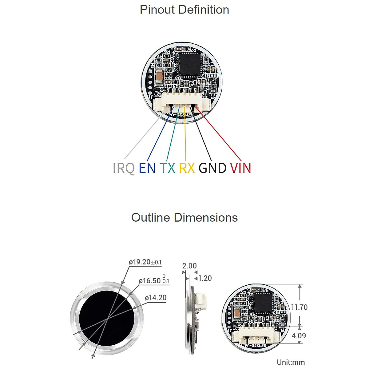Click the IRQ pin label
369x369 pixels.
pyautogui.click(x=124, y=168)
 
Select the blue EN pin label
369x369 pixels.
pyautogui.click(x=147, y=168)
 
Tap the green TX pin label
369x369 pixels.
pyautogui.click(x=167, y=168)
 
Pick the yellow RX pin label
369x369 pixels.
pyautogui.click(x=187, y=168)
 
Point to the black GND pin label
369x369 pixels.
pyautogui.click(x=212, y=168)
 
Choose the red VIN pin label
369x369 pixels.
pyautogui.click(x=240, y=168)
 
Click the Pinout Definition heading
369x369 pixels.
pyautogui.click(x=184, y=10)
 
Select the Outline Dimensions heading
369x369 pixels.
pyautogui.click(x=184, y=217)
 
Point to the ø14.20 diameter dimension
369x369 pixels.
pyautogui.click(x=156, y=298)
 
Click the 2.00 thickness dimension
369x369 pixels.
pyautogui.click(x=189, y=266)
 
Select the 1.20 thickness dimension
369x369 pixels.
pyautogui.click(x=205, y=278)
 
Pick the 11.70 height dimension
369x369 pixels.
pyautogui.click(x=299, y=307)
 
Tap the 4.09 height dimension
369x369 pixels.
pyautogui.click(x=299, y=335)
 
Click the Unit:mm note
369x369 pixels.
pyautogui.click(x=291, y=362)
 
